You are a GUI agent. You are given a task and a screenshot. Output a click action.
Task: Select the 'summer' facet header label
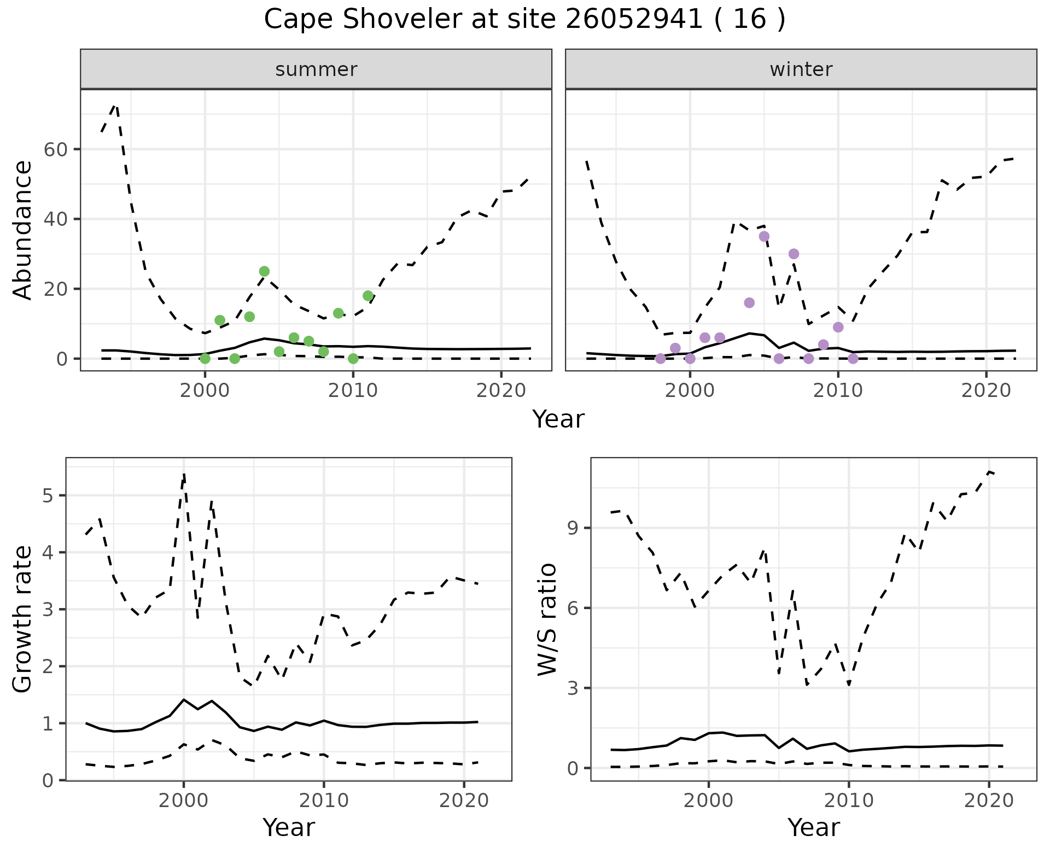(x=316, y=69)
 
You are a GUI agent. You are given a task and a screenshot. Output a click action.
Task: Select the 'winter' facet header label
(x=801, y=69)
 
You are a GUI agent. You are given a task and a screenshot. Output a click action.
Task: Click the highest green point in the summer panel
(x=264, y=271)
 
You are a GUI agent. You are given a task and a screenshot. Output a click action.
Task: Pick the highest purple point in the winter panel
(x=764, y=236)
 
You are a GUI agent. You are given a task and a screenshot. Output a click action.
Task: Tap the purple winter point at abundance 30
(x=794, y=254)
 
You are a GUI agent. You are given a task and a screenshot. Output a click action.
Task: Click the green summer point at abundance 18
(x=367, y=296)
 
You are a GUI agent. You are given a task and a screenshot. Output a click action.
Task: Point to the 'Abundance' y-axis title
(x=23, y=230)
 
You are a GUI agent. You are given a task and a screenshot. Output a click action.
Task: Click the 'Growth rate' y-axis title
(x=23, y=619)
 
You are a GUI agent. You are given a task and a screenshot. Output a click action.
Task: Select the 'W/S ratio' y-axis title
(x=547, y=619)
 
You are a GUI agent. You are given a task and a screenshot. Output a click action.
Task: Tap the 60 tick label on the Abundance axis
(x=55, y=149)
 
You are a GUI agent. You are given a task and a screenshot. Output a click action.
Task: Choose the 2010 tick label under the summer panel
(x=353, y=390)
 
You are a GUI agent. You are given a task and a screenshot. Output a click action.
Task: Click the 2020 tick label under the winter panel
(x=986, y=390)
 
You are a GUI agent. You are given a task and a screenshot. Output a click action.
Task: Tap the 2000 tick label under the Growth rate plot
(x=184, y=801)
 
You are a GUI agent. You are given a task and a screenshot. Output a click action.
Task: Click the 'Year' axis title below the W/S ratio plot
(x=813, y=827)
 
